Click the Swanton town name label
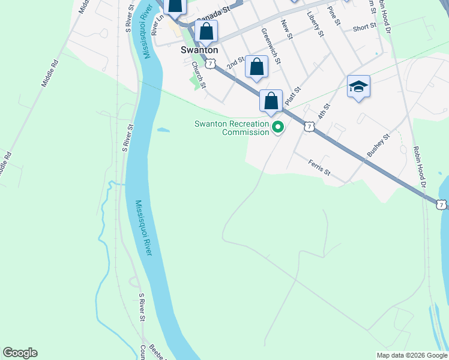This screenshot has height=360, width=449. tap(199, 51)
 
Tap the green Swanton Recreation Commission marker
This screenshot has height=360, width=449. tap(278, 127)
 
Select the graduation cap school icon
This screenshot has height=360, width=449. tap(358, 88)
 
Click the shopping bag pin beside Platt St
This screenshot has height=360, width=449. tap(271, 101)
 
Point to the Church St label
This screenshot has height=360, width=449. tap(199, 74)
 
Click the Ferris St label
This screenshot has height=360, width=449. tap(319, 167)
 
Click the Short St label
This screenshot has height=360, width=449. tap(364, 28)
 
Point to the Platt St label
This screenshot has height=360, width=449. tap(292, 95)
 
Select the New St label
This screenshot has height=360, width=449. tap(286, 29)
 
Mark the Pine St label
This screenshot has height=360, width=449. tap(334, 16)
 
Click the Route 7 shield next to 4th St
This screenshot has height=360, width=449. tap(309, 126)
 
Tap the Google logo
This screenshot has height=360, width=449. tap(20, 353)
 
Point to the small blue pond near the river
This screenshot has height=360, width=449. tap(162, 129)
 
